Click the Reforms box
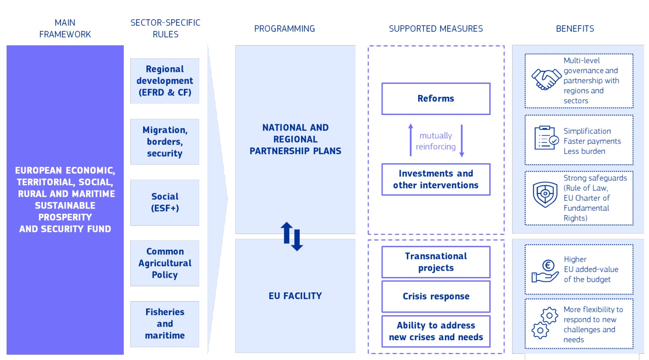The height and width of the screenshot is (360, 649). click(436, 99)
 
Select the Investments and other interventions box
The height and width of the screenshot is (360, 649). click(436, 180)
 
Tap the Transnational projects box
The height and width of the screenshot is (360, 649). click(436, 262)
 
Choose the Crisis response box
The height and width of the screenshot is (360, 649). click(436, 296)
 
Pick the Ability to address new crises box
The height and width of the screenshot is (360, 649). click(436, 331)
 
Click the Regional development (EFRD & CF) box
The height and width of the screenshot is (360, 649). click(165, 81)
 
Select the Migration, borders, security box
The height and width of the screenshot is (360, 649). click(165, 142)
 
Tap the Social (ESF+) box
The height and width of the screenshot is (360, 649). click(165, 202)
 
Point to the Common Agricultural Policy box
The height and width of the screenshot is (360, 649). click(165, 263)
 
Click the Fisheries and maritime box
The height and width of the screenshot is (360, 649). click(165, 324)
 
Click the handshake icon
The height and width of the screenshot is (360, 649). click(545, 79)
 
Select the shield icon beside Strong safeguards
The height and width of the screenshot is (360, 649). click(545, 194)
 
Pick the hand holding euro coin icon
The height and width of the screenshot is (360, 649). click(545, 271)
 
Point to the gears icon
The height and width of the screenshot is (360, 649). click(545, 323)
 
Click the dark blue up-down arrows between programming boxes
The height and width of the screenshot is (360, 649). click(291, 236)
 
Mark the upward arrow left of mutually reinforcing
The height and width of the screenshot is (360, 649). click(411, 140)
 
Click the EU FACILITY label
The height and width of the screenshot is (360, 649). click(295, 296)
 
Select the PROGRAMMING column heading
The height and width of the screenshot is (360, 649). click(284, 29)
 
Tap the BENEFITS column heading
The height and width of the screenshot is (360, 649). click(575, 29)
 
